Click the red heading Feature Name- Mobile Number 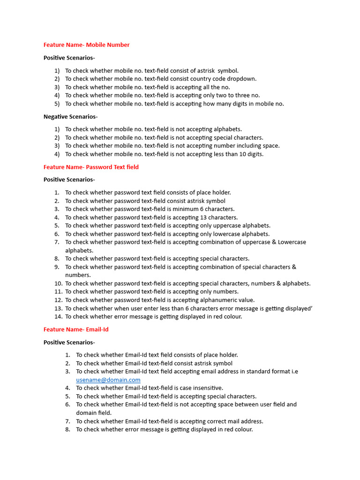point(86,45)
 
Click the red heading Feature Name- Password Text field point(91,167)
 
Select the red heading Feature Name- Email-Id point(76,330)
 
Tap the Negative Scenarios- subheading point(70,116)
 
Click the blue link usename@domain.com point(108,380)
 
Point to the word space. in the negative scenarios point(271,146)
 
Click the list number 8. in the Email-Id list point(68,429)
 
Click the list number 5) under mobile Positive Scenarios point(57,104)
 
